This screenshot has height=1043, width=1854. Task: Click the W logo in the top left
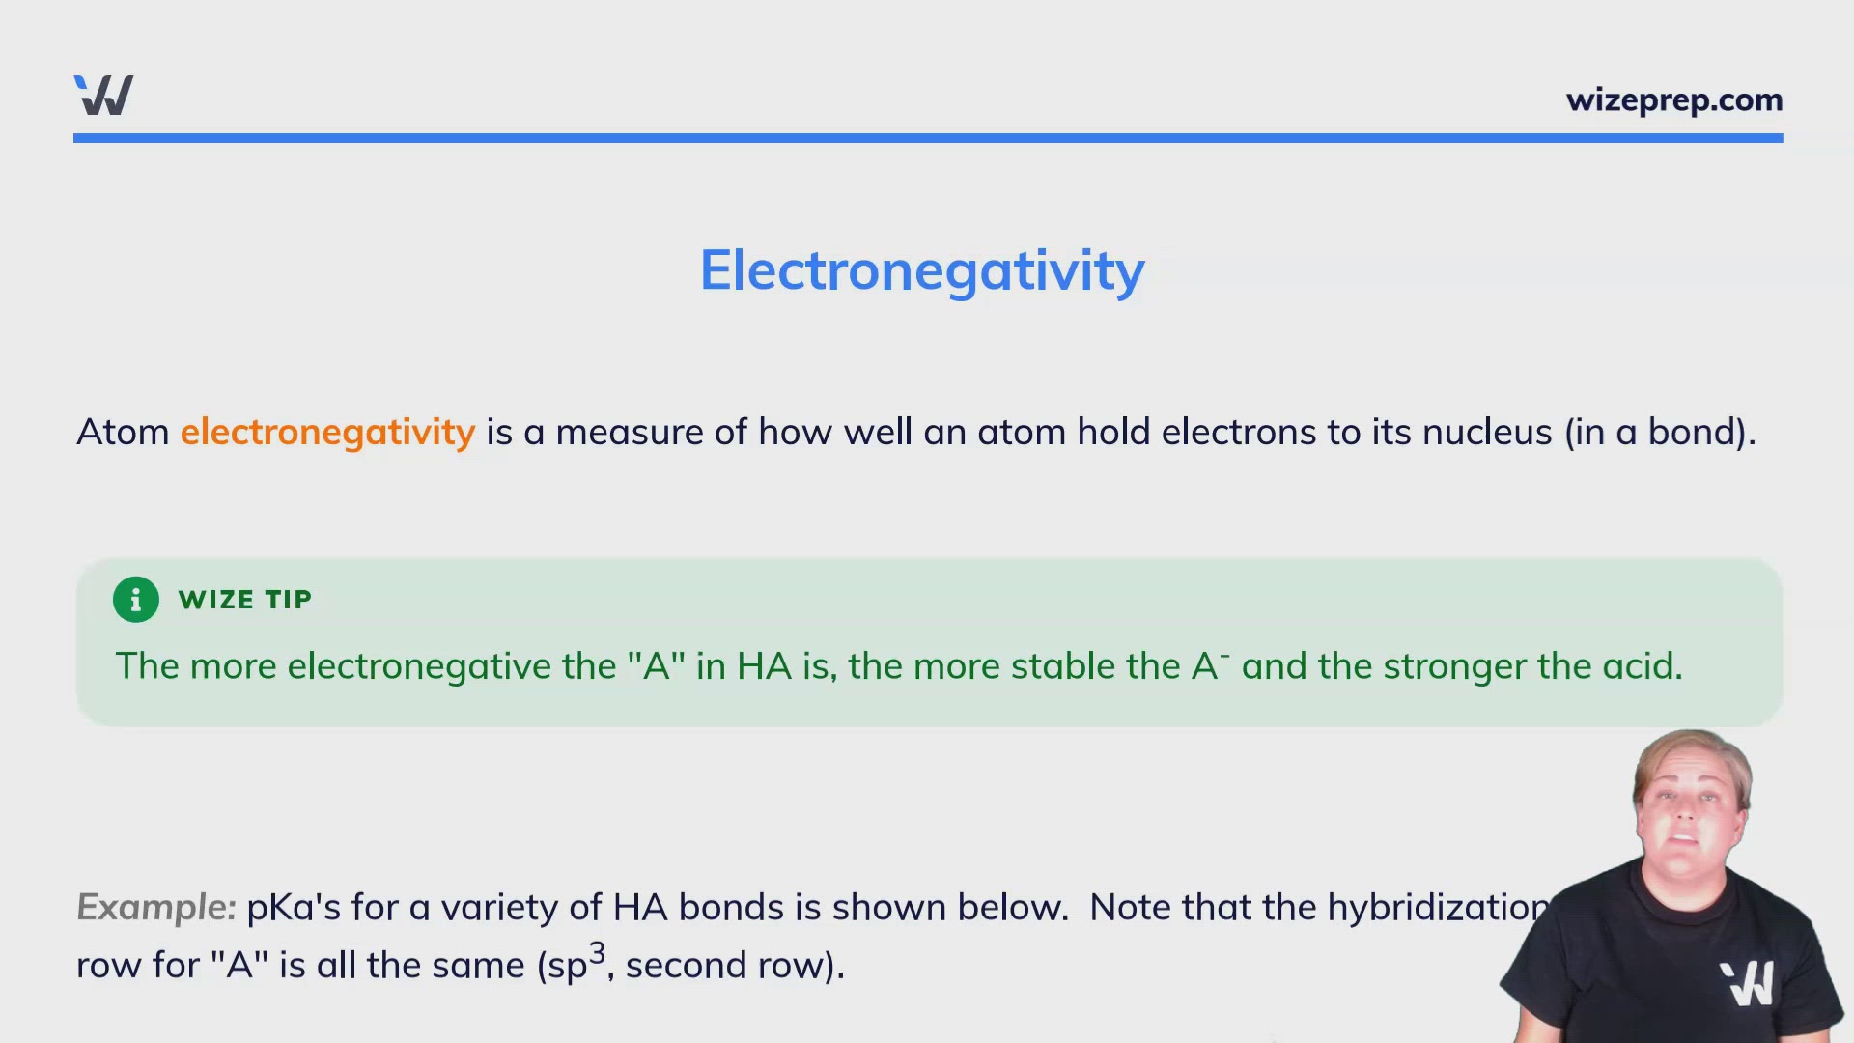click(x=103, y=96)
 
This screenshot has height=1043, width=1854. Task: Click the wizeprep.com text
click(x=1673, y=100)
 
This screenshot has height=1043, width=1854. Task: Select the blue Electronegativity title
click(x=922, y=270)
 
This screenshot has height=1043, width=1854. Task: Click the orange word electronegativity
click(x=327, y=432)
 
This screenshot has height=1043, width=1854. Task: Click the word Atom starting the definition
click(x=123, y=432)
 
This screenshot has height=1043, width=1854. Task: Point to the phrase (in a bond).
click(x=1659, y=432)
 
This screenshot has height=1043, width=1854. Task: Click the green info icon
click(x=136, y=600)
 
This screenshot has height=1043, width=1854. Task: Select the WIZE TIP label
click(x=245, y=600)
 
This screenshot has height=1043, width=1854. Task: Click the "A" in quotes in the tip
click(x=656, y=666)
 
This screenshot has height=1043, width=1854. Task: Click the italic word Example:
click(x=155, y=908)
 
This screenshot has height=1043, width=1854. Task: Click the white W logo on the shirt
click(x=1748, y=983)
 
